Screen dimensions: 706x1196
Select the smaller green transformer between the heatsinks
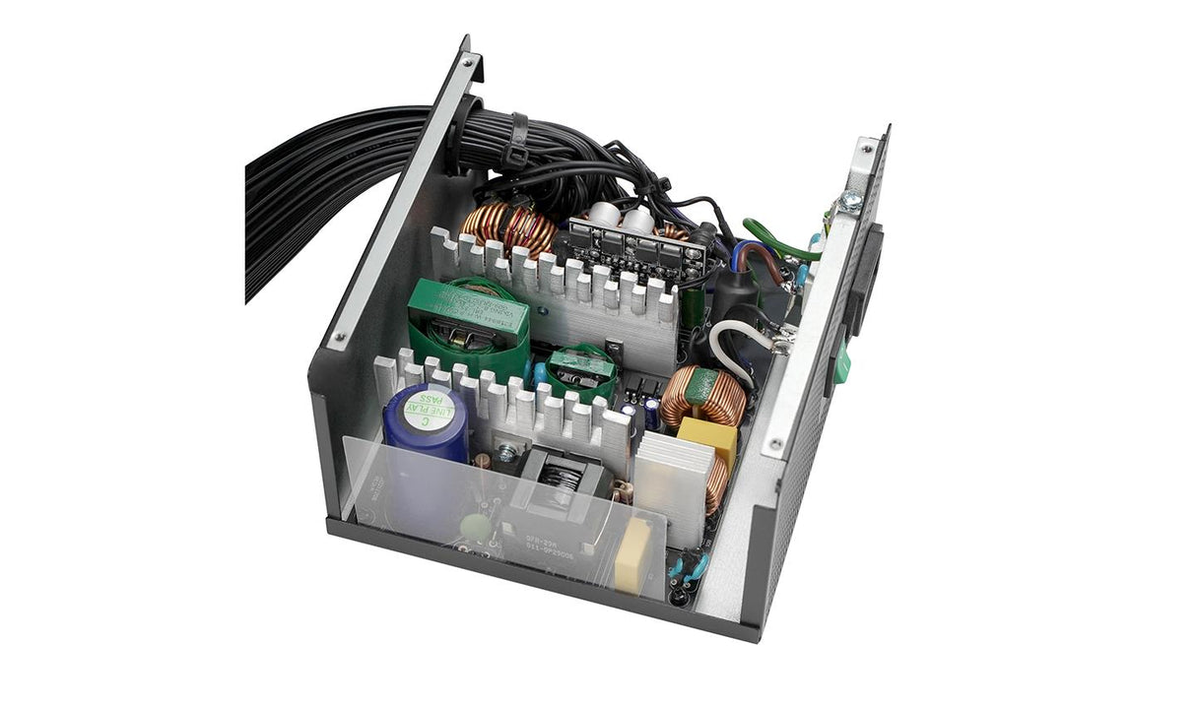tap(581, 371)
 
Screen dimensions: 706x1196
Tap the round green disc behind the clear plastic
tap(475, 528)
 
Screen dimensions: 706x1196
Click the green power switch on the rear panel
tap(842, 362)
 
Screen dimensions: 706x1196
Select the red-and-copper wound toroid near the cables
tap(510, 229)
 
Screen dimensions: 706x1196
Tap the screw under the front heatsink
tap(507, 451)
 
